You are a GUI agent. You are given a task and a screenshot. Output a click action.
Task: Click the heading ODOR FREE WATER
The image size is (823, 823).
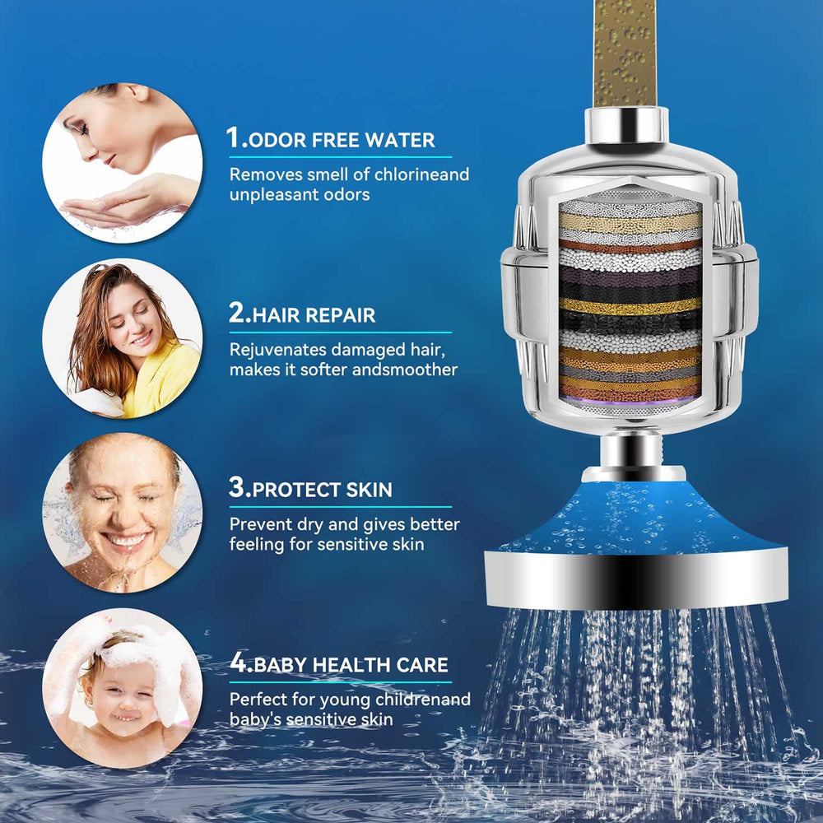[342, 140]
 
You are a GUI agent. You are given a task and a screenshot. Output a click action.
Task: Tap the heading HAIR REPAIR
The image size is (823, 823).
[314, 315]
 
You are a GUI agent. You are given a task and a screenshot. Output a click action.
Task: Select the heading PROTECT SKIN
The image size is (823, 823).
[323, 490]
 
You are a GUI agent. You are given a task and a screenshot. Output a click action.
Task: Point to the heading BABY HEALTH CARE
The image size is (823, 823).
[351, 665]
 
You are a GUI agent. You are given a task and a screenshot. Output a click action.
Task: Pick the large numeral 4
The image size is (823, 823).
[238, 663]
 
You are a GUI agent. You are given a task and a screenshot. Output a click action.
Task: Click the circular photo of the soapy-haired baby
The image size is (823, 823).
[123, 688]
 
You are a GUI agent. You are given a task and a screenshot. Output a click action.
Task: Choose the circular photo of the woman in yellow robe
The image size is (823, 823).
[123, 338]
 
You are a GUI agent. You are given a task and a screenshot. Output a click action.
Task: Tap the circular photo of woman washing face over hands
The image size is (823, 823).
[123, 163]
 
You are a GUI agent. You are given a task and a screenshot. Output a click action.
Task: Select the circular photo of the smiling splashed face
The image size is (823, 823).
[123, 514]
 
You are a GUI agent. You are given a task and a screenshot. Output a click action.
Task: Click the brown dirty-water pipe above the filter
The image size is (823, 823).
[625, 53]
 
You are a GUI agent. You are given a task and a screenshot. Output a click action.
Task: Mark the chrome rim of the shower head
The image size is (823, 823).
[636, 579]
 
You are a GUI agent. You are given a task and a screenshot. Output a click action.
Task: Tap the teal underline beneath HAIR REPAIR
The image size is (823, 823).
[340, 332]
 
